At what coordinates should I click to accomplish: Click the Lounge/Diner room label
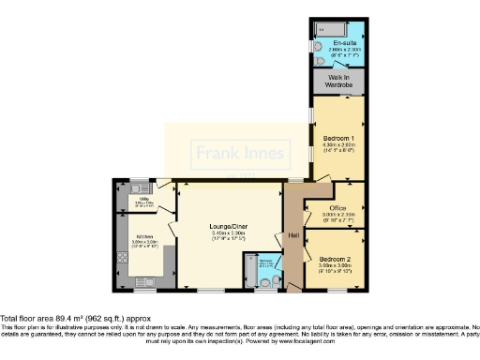coord(229,225)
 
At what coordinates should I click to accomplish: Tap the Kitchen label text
coord(144,236)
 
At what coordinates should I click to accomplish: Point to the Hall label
coord(292,234)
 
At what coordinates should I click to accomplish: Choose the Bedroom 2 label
coord(335,258)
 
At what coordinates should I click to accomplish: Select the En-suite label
coord(345,43)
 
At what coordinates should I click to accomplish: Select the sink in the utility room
coord(136,187)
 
